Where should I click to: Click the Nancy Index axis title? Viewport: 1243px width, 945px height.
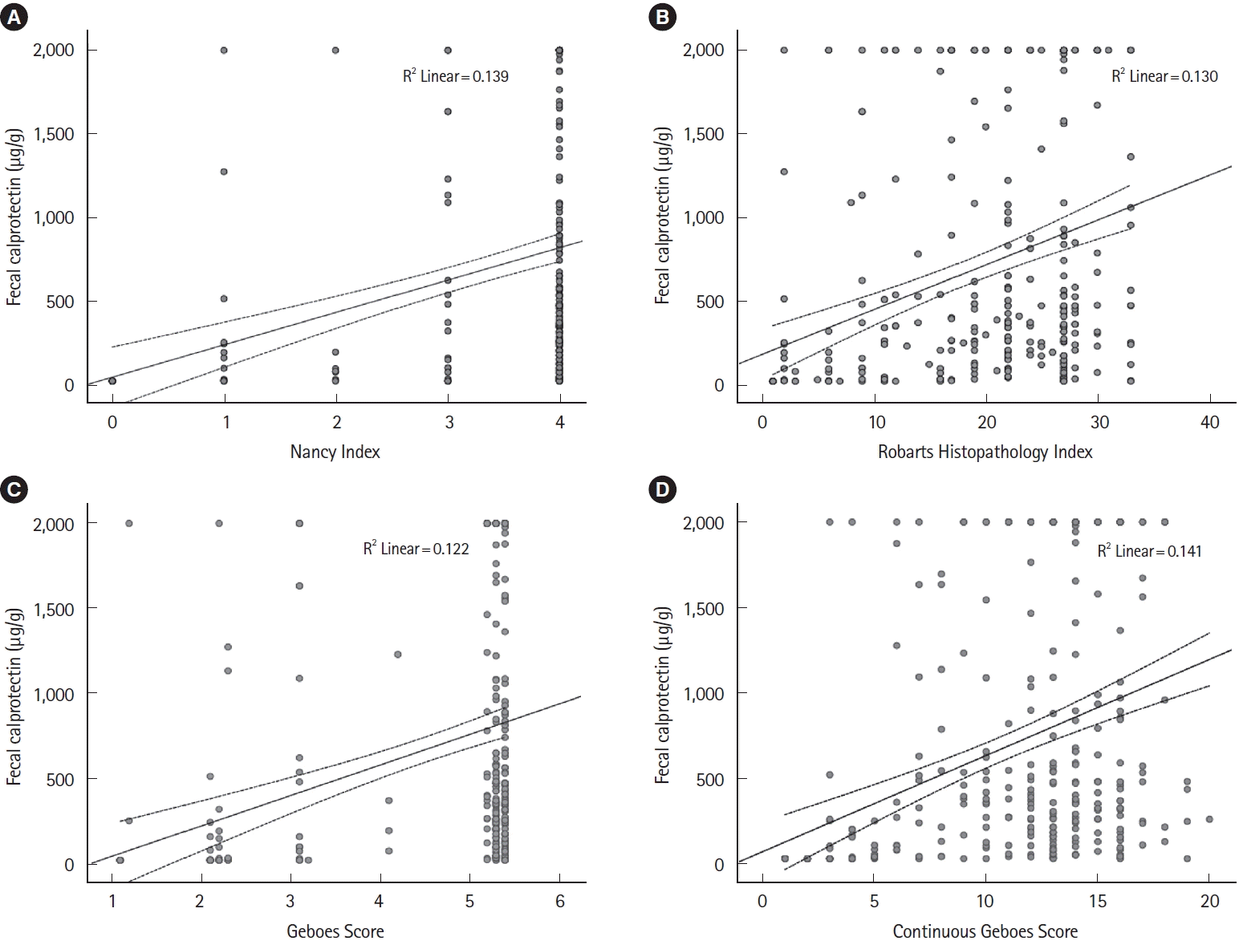335,452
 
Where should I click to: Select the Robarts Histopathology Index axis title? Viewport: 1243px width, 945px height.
985,452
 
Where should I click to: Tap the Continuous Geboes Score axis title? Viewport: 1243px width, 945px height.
985,931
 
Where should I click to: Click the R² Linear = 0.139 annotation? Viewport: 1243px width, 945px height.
455,76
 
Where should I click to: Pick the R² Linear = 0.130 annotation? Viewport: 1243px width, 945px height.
1164,76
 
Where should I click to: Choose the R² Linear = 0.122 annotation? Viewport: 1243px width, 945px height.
416,549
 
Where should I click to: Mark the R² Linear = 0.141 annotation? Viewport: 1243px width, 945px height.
1149,550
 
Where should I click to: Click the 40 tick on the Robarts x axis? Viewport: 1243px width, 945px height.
1208,423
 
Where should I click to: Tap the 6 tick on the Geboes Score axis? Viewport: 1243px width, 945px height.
560,902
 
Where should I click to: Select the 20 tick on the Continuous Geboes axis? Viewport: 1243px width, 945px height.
1208,902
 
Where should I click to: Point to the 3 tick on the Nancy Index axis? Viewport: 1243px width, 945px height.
449,423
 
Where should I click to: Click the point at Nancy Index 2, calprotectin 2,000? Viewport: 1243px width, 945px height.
335,51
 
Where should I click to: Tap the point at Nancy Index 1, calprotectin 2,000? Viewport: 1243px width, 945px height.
224,51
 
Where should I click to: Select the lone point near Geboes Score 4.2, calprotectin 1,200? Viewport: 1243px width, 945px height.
397,655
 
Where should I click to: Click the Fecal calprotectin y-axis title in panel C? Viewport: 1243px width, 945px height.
14,696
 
